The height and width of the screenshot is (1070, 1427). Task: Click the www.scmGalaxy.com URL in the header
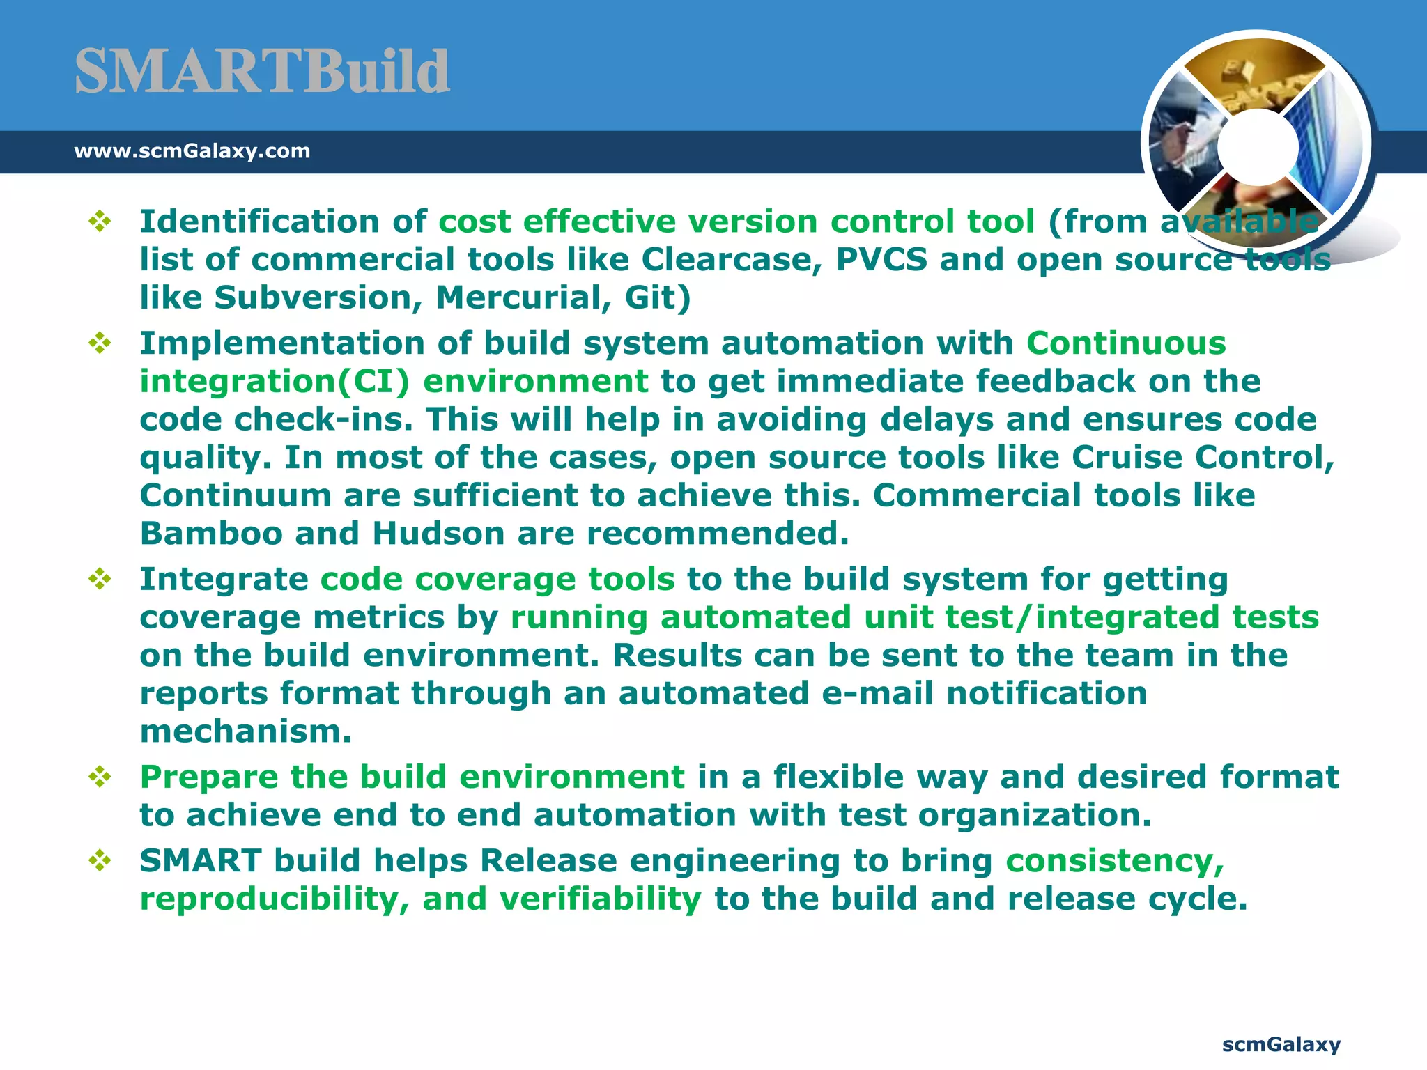point(192,150)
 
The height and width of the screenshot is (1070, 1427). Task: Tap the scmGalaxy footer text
point(1281,1044)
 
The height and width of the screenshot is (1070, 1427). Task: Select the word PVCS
point(881,260)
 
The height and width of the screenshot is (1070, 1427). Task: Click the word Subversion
point(318,298)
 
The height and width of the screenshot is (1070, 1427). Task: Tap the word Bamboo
point(211,534)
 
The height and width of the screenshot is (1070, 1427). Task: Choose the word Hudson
point(438,534)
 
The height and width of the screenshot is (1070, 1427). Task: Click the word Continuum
point(236,496)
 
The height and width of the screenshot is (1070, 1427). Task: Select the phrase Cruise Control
point(1202,458)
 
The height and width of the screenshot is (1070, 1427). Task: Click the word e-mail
point(877,694)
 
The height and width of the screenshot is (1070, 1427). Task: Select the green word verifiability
point(600,899)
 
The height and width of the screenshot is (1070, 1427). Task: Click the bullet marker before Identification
point(100,222)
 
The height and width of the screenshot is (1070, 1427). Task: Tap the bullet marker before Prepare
point(100,777)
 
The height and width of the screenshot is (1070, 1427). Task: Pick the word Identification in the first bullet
point(259,222)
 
